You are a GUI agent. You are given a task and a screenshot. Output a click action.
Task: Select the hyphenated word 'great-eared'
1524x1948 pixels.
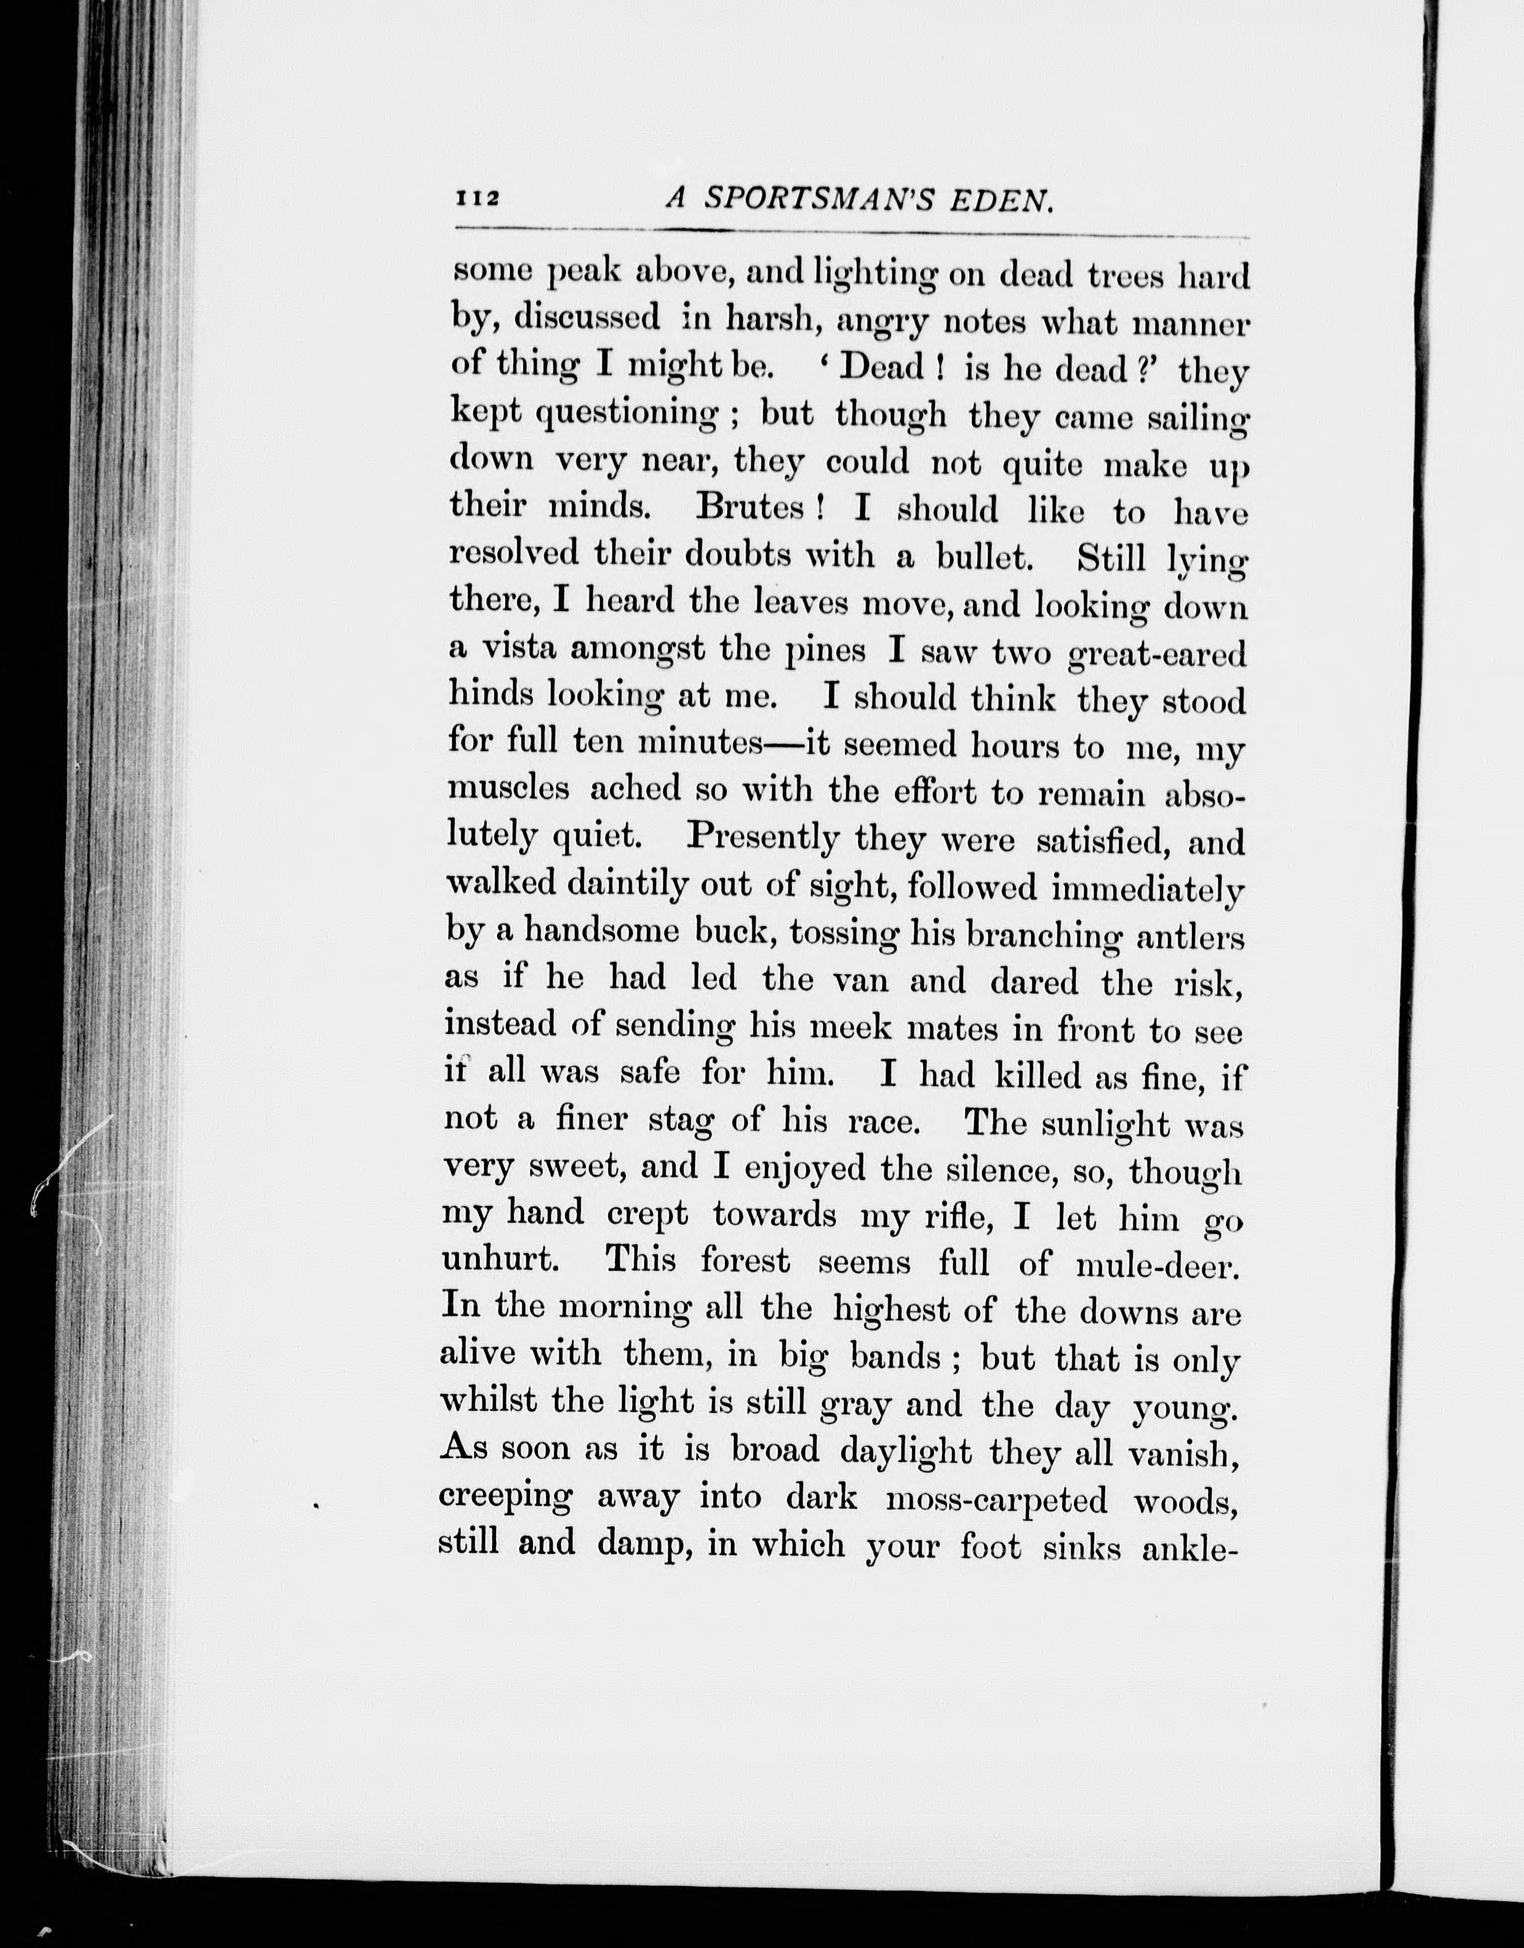tap(1156, 656)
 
